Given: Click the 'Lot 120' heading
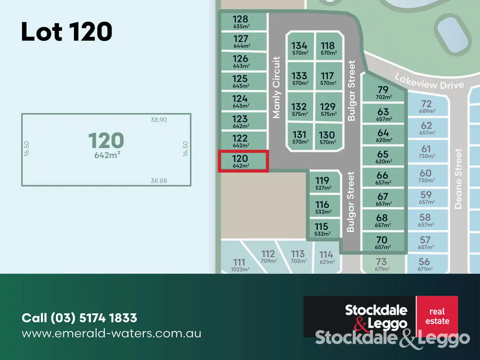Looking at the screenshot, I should point(66,32).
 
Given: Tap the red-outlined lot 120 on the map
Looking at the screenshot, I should point(243,161).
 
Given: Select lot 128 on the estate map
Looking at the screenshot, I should point(243,22).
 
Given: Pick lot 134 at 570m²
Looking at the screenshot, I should point(299,48).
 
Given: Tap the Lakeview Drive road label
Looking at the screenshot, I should point(429,81).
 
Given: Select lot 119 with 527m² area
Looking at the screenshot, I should point(322,183).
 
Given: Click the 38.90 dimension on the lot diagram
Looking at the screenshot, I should point(158,120).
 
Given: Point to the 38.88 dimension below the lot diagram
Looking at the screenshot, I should point(158,181).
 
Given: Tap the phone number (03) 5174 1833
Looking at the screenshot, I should point(79,318).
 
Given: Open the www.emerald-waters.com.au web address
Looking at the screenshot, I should point(111,333).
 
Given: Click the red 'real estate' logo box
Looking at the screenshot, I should point(437,316).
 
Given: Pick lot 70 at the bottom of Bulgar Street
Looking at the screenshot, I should point(382,242).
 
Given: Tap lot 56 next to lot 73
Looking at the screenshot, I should point(424,264).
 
